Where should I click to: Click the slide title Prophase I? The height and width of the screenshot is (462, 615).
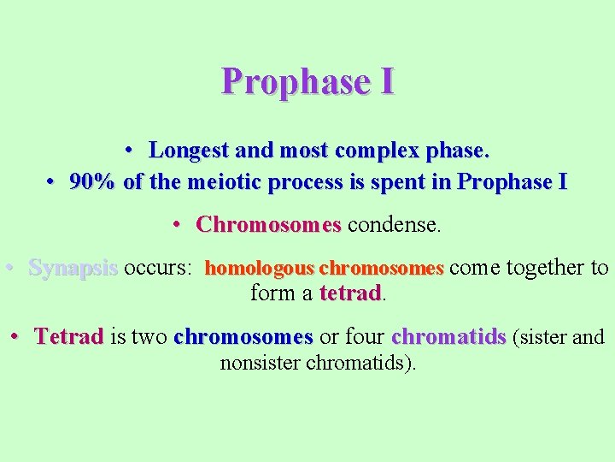[x=307, y=81]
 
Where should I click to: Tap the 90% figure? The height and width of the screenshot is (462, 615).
[x=93, y=182]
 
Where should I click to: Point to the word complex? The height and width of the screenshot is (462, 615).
[x=375, y=151]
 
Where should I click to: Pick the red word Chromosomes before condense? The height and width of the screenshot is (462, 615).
[x=268, y=225]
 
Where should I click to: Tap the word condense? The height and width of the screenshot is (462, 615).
[x=395, y=225]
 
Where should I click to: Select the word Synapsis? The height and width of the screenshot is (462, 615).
[x=73, y=268]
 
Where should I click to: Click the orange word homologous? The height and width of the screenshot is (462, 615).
[x=260, y=269]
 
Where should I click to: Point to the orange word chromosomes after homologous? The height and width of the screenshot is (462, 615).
[x=381, y=269]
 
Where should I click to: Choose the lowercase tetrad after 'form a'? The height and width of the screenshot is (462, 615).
[x=350, y=293]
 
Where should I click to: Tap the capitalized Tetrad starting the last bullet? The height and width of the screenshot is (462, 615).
[x=69, y=337]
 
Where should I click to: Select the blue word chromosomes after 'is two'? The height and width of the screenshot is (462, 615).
[x=243, y=337]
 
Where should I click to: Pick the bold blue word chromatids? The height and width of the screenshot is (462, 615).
[x=449, y=337]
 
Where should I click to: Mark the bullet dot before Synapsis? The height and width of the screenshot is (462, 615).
[x=8, y=268]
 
